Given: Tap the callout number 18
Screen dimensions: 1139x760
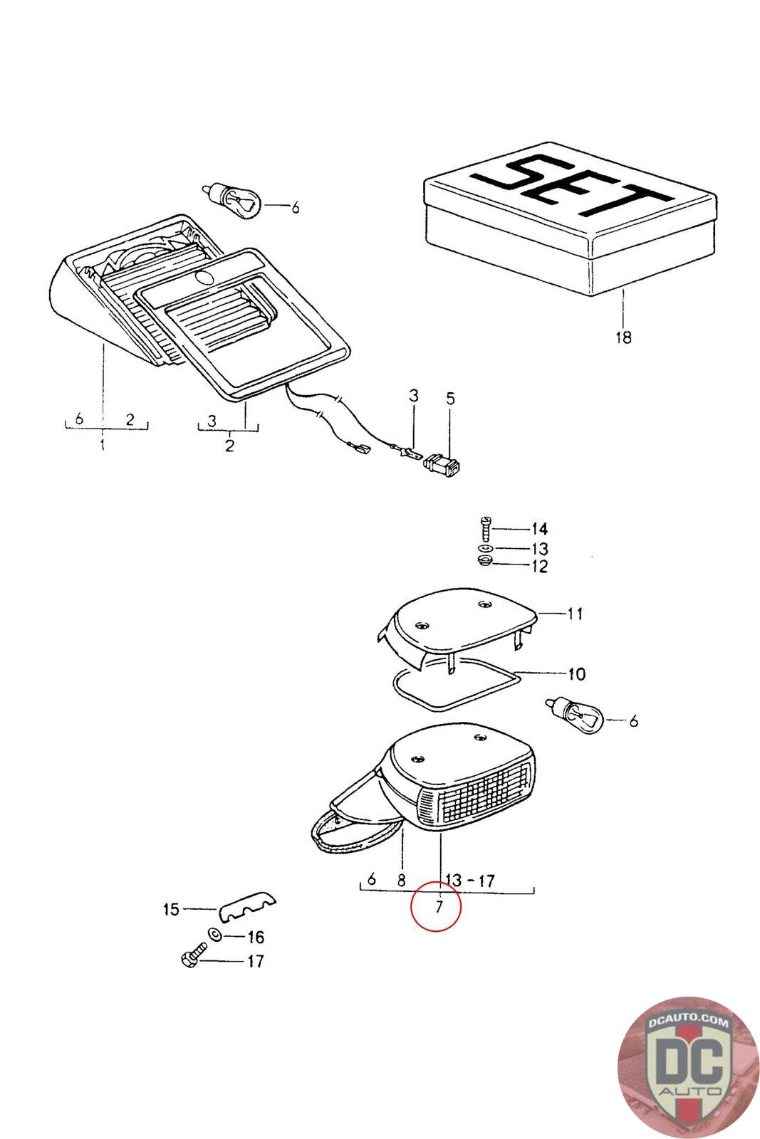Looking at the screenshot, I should click(623, 337).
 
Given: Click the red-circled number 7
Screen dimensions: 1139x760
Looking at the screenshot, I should click(439, 907).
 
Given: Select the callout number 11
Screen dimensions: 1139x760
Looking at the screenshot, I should click(575, 613).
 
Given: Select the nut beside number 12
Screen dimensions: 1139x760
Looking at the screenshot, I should click(484, 562).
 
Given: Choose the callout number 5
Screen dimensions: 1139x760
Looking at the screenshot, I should click(449, 398).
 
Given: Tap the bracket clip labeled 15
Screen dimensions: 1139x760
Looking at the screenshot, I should click(246, 906).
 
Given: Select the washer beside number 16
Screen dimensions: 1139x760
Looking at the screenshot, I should click(214, 935).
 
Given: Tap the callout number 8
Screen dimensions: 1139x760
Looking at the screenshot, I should click(401, 881).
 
